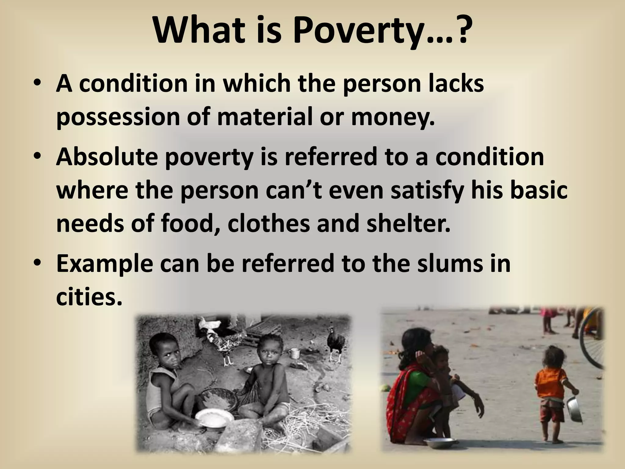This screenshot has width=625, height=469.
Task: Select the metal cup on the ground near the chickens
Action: click(294, 354)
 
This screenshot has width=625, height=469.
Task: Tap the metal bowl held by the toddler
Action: click(574, 409)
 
